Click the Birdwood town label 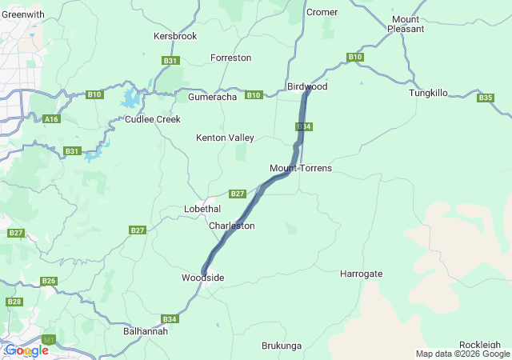coord(307,86)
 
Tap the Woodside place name coord(202,278)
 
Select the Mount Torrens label coord(300,168)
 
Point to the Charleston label coord(231,226)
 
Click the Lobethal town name coord(202,209)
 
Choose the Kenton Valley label coord(225,138)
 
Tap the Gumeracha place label coord(212,97)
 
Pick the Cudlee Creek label coord(153,119)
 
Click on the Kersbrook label coord(174,37)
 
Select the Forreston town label coord(230,58)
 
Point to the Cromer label coord(322,12)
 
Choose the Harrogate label coord(361,274)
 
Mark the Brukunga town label coord(282,346)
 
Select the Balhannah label coord(146,330)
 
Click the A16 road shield coord(52,119)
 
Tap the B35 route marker coord(486,98)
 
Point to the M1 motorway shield coord(49,340)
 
